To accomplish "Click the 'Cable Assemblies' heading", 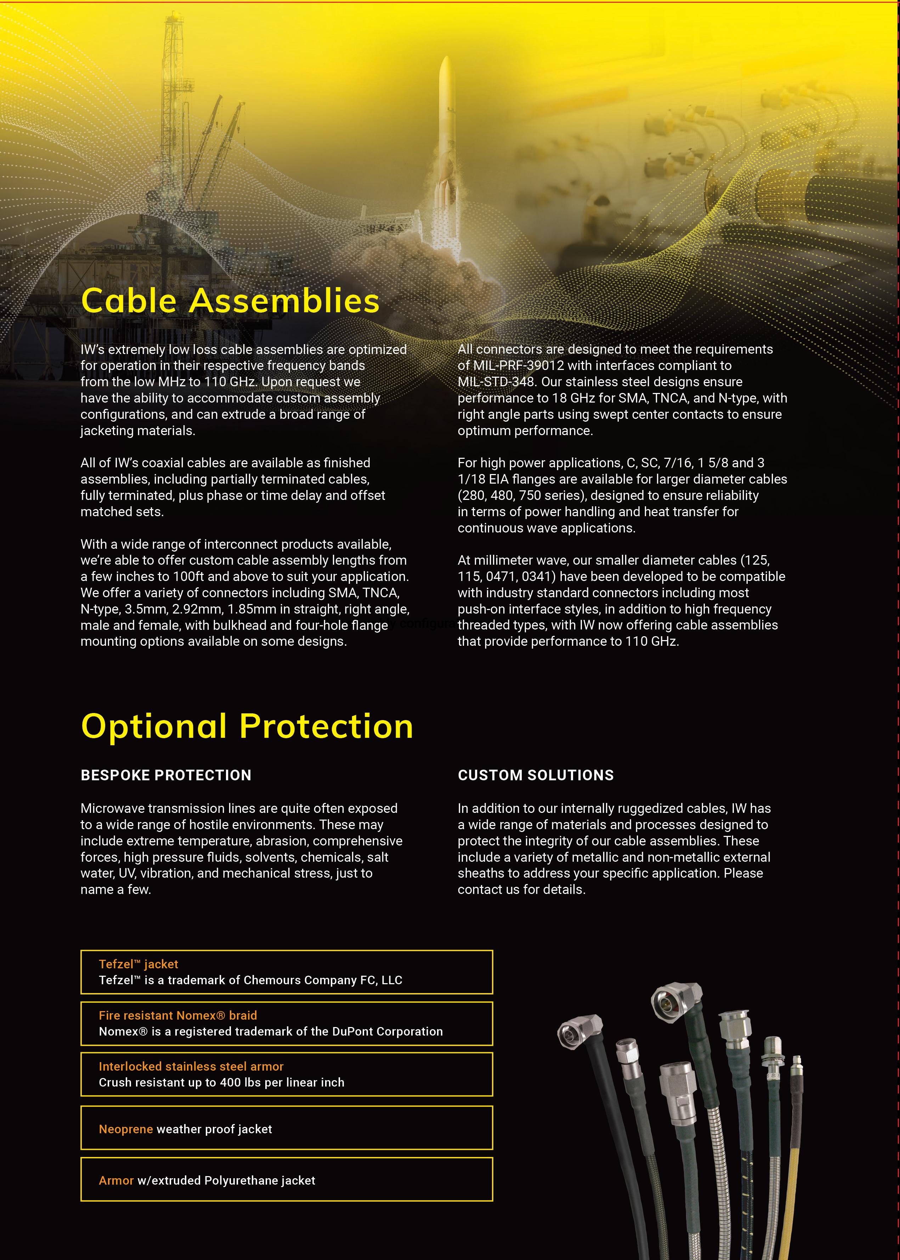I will tap(230, 301).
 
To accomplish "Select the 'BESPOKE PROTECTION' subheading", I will tap(166, 775).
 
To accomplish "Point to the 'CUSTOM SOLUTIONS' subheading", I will tap(535, 775).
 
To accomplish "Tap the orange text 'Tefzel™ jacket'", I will tap(138, 964).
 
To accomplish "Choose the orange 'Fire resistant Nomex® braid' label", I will tap(177, 1015).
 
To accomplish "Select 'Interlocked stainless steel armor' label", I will tap(191, 1066).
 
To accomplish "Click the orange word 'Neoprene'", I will tap(126, 1129).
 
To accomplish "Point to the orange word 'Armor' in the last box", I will tap(116, 1180).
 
